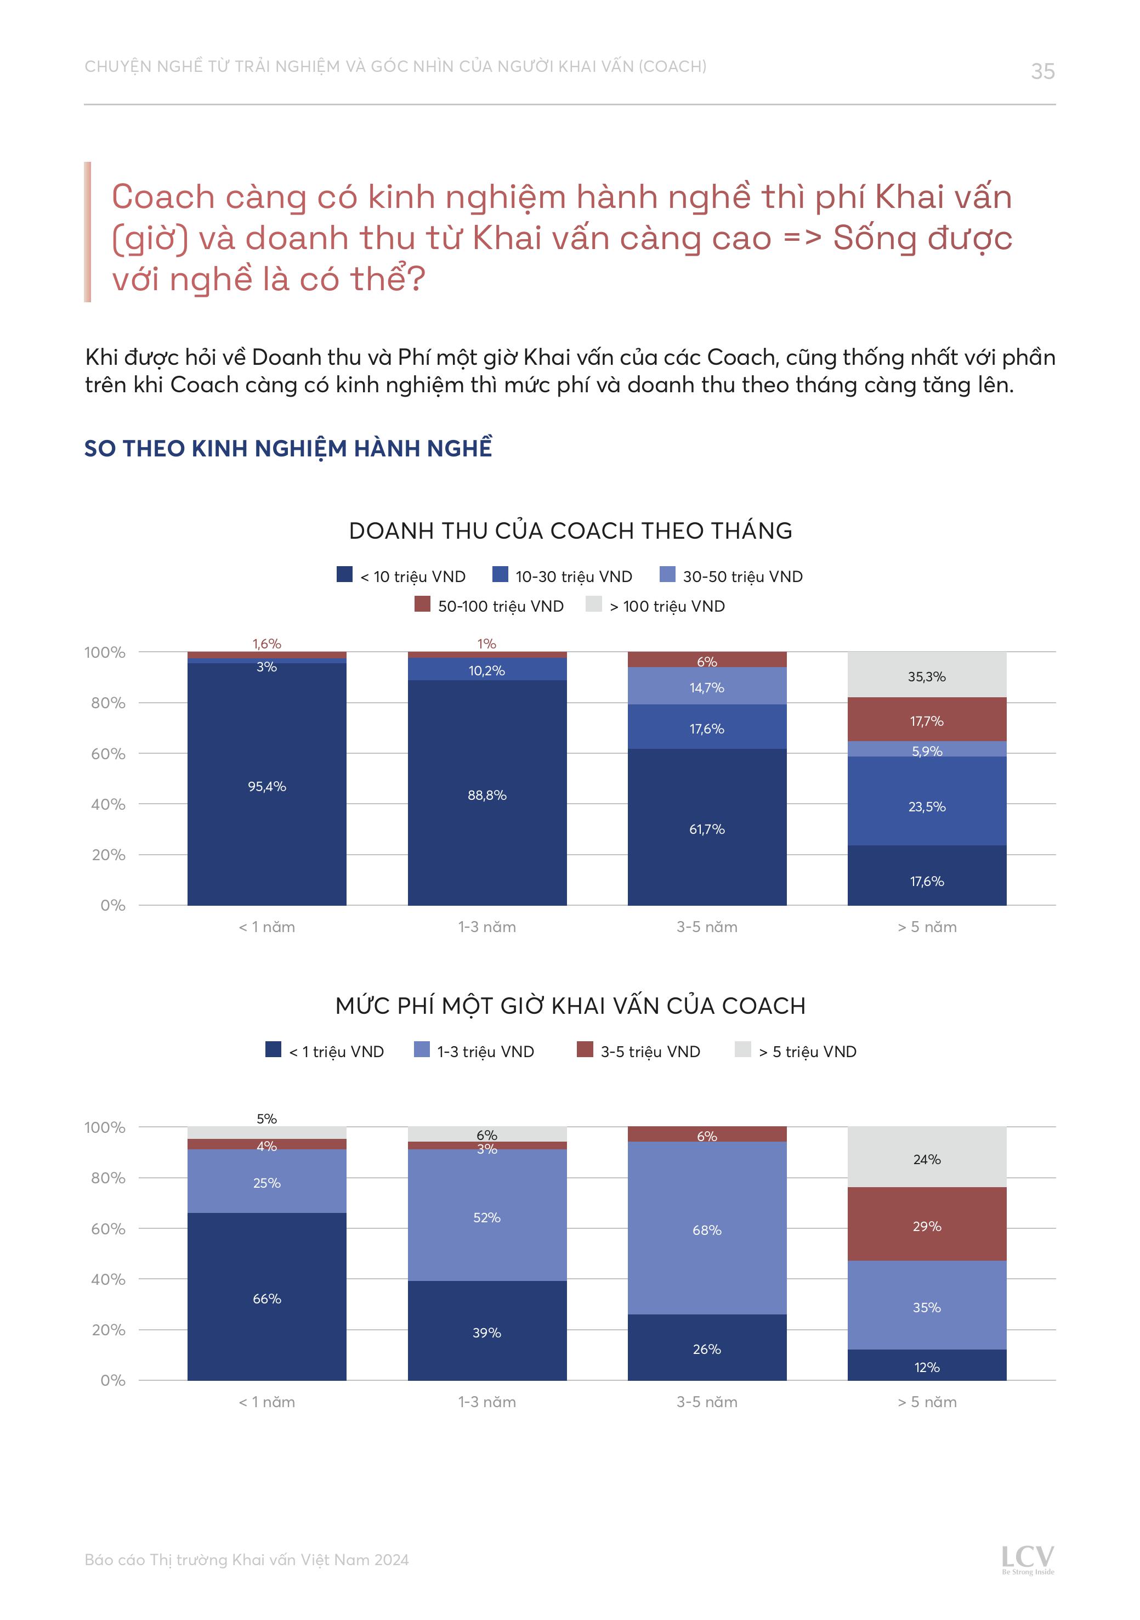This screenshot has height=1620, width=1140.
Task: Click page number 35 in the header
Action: [1042, 71]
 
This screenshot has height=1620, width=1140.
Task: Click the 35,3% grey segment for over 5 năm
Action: [926, 675]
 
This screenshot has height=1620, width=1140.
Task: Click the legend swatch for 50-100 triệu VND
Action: [422, 604]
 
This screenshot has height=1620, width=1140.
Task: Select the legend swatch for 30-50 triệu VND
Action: [667, 574]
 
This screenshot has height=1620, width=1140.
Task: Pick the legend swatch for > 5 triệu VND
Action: [742, 1049]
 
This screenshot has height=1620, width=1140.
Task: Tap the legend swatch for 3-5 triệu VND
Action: [584, 1049]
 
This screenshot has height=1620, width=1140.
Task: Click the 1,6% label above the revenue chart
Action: [266, 644]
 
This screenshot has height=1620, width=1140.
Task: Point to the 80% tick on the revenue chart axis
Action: [108, 703]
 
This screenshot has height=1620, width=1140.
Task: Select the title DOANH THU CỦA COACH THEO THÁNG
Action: [570, 530]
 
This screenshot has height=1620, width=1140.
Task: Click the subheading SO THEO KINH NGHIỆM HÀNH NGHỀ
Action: [288, 449]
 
